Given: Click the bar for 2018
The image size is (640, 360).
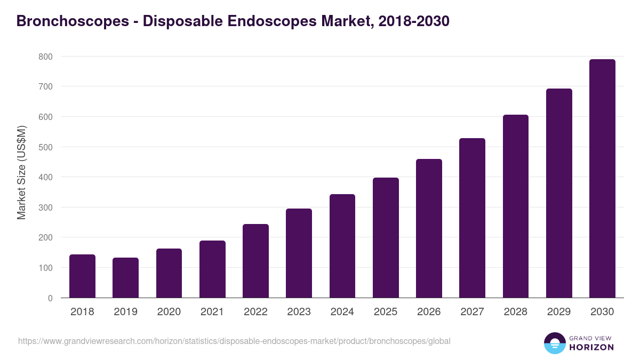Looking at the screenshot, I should tap(82, 276).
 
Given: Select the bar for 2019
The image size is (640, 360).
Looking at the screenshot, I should tap(125, 278).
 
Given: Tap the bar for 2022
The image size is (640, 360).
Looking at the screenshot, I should tap(255, 261).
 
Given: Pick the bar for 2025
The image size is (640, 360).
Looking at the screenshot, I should tap(386, 238).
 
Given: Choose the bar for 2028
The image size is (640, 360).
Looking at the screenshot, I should tap(516, 206).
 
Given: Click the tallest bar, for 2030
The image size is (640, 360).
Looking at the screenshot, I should tap(602, 179).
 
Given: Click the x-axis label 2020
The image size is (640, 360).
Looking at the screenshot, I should tap(169, 312).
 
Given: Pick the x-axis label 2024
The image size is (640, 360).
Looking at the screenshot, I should tap(342, 312).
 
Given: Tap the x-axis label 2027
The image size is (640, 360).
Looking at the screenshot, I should tap(473, 312).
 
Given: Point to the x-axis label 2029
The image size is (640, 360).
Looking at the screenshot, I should tap(559, 312).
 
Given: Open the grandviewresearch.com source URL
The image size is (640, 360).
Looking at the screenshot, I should tap(234, 341).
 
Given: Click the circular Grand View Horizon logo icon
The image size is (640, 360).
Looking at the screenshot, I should tap(554, 343).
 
